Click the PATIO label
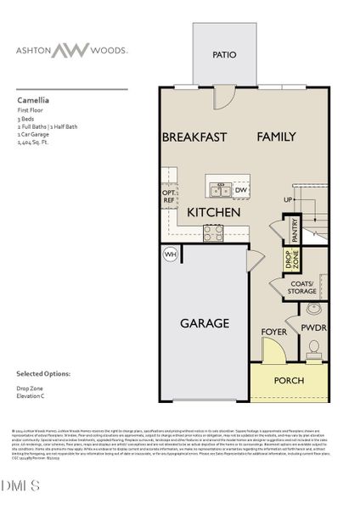click(223, 55)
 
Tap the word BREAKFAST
click(194, 137)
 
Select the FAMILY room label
click(277, 137)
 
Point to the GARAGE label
click(204, 323)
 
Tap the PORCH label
click(288, 380)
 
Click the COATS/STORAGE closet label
click(301, 288)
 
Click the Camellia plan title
click(31, 98)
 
